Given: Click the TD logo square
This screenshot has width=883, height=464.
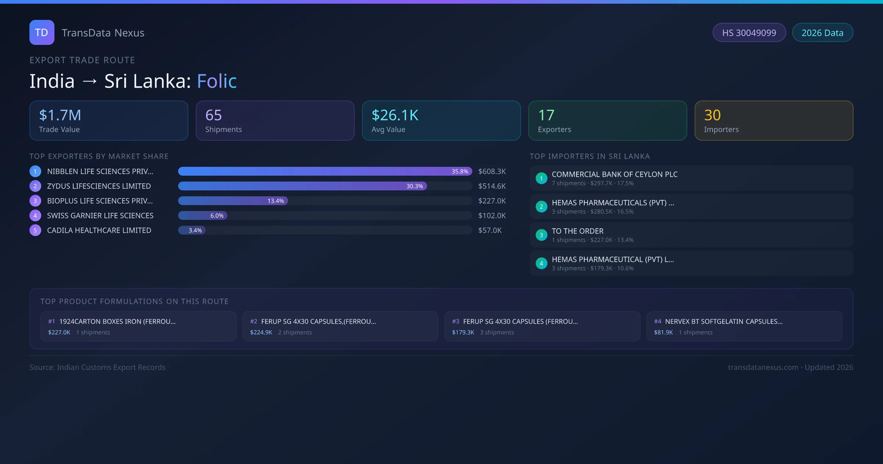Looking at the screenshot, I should click(42, 32).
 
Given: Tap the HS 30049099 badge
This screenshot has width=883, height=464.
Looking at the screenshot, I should click(749, 33).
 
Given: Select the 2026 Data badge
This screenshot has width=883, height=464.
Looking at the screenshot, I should click(822, 33).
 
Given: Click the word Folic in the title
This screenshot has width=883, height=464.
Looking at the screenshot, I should click(217, 81).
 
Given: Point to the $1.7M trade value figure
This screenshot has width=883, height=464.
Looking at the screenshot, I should click(60, 115).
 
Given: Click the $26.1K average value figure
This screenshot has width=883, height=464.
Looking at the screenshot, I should click(395, 115).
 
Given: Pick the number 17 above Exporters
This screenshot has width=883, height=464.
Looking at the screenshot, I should click(546, 115).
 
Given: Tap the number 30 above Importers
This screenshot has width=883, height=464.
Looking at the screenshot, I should click(712, 115).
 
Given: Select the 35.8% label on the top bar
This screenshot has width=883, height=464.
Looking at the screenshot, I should click(460, 172).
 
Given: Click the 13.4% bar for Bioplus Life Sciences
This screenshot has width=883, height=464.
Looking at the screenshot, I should click(233, 201).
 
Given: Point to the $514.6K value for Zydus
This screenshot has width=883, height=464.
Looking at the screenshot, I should click(492, 186).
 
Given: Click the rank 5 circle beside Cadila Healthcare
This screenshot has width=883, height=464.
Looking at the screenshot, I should click(35, 231).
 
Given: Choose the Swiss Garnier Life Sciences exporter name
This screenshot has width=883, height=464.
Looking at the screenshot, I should click(100, 216).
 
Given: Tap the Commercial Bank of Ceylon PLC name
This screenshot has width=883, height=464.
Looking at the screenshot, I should click(614, 175).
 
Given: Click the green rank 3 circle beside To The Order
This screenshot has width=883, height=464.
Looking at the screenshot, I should click(541, 235).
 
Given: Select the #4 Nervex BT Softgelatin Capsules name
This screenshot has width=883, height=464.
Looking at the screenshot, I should click(723, 321).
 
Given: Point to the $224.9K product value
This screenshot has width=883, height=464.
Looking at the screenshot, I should click(261, 333).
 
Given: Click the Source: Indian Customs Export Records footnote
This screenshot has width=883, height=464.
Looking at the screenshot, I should click(97, 368).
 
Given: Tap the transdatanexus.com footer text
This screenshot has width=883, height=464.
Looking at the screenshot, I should click(763, 368).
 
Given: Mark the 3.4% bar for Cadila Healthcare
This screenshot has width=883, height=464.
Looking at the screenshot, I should click(192, 231).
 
